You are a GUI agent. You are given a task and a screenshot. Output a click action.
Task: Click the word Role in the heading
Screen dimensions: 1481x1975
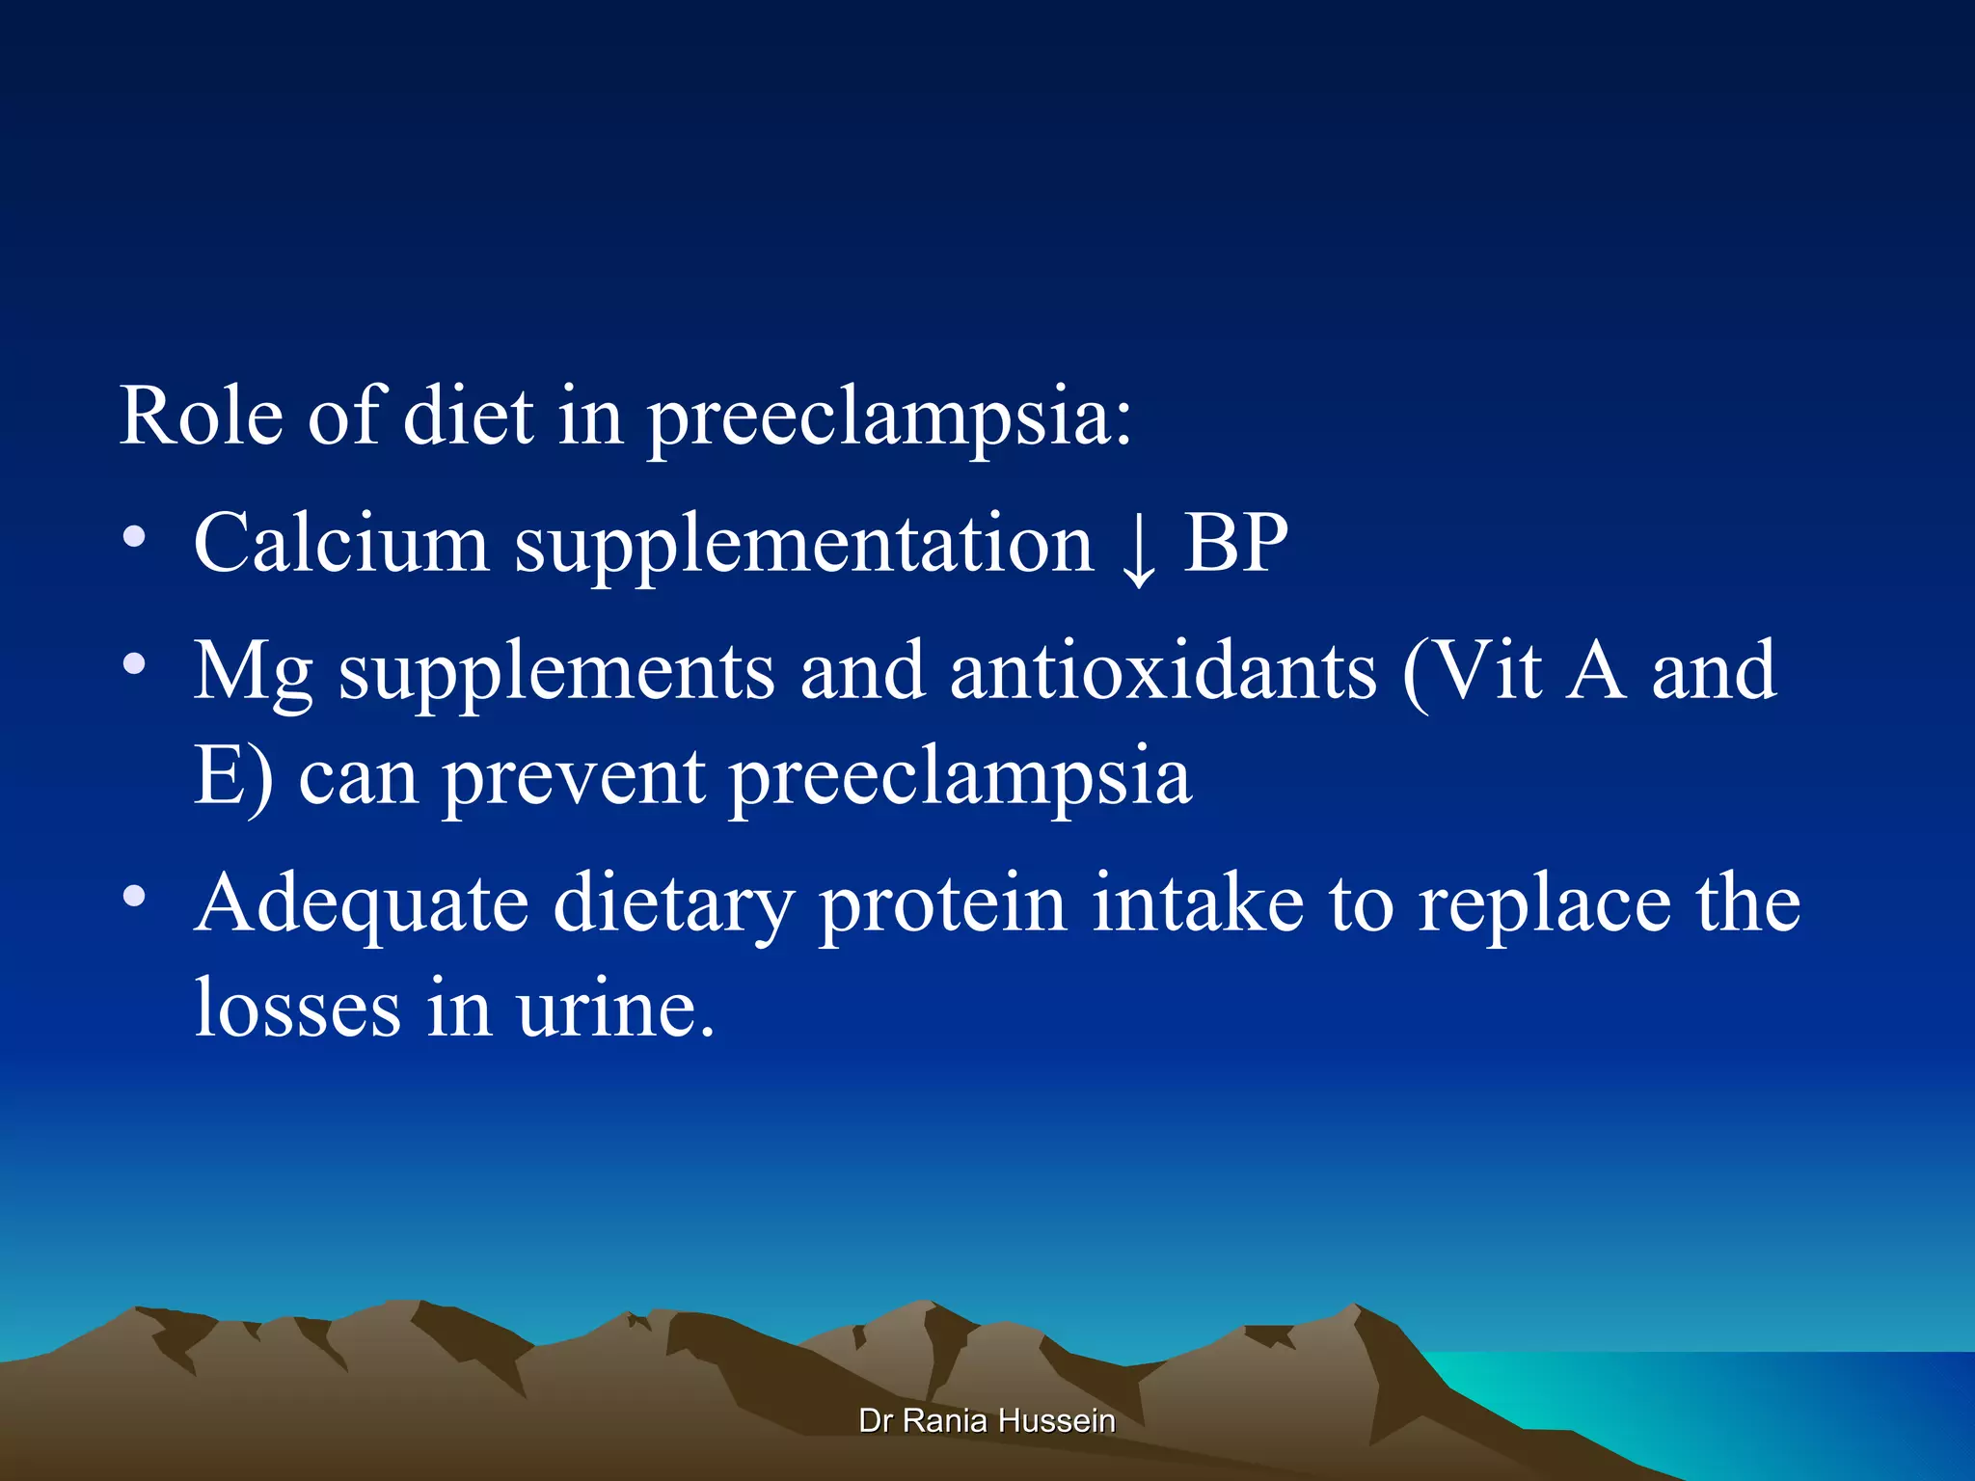tap(201, 417)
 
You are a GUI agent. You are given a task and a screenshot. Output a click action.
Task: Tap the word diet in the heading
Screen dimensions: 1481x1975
tap(468, 417)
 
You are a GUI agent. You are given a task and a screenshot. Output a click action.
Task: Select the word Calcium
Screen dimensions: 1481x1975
tap(341, 543)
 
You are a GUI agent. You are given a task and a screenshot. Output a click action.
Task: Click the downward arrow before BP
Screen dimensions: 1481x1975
tap(1139, 550)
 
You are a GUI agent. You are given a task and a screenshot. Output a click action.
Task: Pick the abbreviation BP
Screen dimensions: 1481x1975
tap(1235, 543)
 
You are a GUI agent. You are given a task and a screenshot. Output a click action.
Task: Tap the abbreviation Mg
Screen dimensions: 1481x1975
tap(254, 673)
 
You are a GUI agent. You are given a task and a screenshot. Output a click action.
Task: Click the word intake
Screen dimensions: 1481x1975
tap(1198, 902)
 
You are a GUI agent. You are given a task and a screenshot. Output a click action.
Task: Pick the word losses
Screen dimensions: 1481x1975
tap(297, 1008)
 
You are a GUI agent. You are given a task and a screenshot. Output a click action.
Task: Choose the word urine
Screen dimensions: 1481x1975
tap(615, 1010)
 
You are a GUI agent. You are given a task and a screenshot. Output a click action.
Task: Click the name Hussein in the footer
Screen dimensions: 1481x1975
tap(1057, 1420)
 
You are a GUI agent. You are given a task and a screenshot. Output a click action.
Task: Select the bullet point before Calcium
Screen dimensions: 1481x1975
tap(135, 536)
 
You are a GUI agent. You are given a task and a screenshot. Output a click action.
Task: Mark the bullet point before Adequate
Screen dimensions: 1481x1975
tap(135, 897)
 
